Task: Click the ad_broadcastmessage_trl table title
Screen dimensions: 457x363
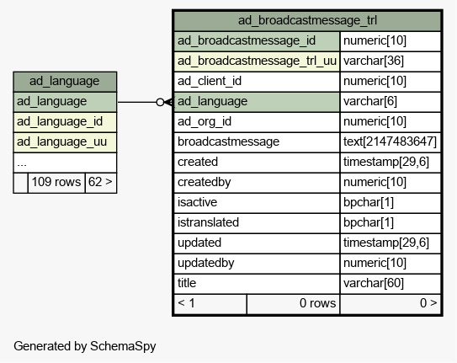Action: [x=307, y=21]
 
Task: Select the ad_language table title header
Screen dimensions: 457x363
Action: [x=65, y=82]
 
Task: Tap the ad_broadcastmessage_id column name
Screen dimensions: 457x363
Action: [x=247, y=40]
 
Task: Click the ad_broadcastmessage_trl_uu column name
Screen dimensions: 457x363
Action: [x=257, y=61]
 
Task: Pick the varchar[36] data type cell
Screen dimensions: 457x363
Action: [x=391, y=61]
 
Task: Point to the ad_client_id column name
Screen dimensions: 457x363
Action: [x=210, y=82]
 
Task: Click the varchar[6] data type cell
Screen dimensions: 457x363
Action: [x=391, y=102]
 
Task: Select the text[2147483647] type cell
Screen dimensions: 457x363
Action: [x=391, y=142]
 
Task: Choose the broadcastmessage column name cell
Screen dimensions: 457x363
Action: [x=257, y=142]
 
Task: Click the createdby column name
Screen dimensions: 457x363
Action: [x=205, y=183]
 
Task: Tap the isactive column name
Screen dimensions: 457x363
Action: [x=197, y=203]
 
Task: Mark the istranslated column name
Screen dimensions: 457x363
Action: [x=208, y=222]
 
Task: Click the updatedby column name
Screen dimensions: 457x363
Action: [x=205, y=264]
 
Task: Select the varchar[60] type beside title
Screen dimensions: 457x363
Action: [x=391, y=283]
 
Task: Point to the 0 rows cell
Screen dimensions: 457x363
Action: [x=293, y=304]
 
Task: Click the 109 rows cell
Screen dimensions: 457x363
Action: [x=56, y=183]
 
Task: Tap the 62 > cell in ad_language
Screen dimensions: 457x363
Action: [x=101, y=183]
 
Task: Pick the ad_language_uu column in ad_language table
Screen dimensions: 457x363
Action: [x=65, y=142]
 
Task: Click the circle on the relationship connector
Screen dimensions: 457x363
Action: [x=160, y=102]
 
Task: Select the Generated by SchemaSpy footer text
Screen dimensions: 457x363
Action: [x=85, y=346]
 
